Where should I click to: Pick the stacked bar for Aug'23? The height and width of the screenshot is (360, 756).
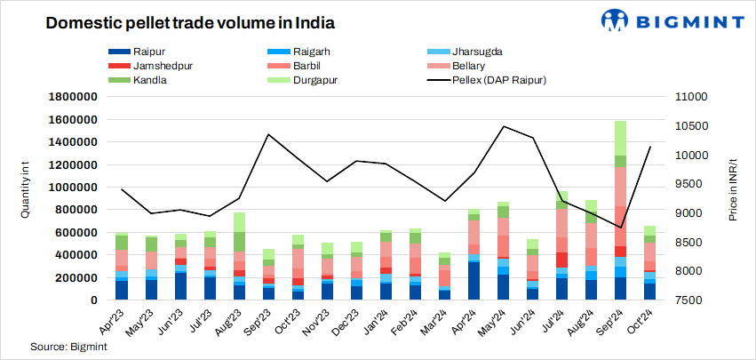239,258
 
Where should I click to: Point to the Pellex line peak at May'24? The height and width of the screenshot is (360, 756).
504,126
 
